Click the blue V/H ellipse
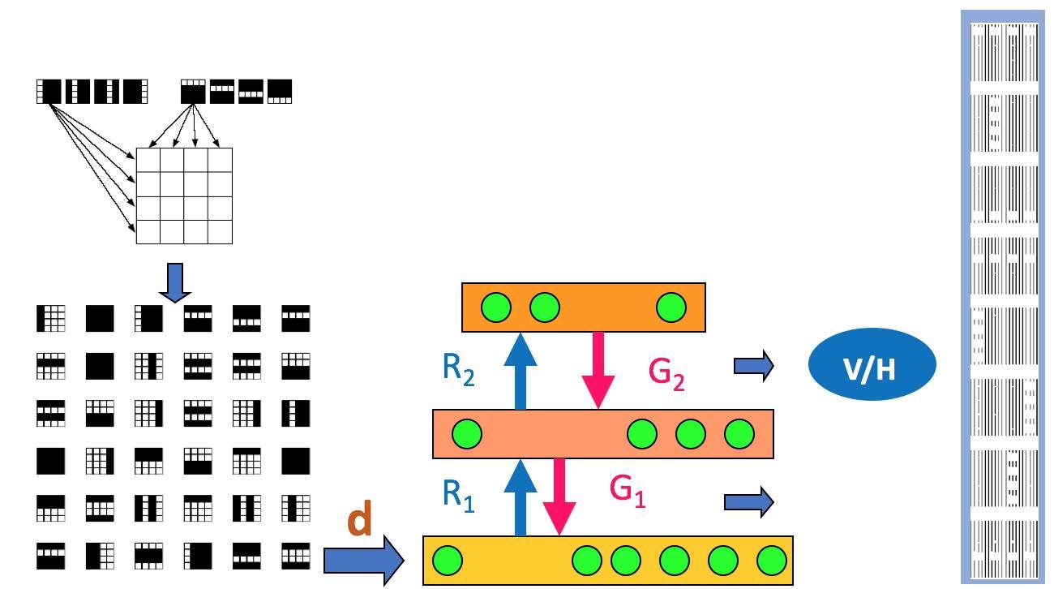[872, 364]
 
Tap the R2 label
[458, 370]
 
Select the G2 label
[666, 374]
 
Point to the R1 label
[458, 496]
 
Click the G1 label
[628, 491]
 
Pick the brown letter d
[359, 518]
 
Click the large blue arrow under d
[364, 561]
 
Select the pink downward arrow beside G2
[598, 370]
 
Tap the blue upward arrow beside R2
[520, 371]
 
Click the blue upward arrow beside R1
[520, 497]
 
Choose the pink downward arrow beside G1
[559, 497]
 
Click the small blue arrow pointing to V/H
[754, 366]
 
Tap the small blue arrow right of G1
[748, 502]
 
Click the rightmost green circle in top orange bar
[671, 307]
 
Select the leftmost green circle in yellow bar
[447, 561]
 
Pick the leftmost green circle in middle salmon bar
[467, 433]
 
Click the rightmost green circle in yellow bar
[772, 561]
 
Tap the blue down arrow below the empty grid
[175, 282]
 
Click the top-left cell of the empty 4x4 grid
[148, 160]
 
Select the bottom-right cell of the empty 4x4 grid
[221, 232]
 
